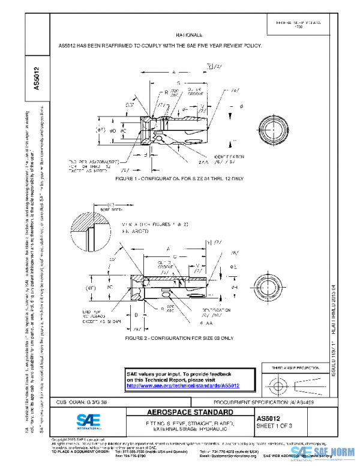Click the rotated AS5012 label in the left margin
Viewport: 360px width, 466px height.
click(37, 78)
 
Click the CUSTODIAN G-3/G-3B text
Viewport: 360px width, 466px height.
click(83, 401)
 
